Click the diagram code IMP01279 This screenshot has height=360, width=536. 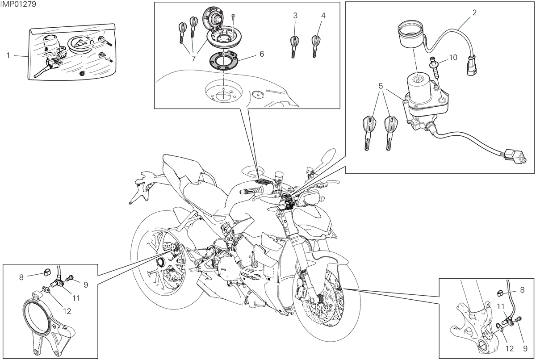(18, 4)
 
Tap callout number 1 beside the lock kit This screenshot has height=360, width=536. (8, 55)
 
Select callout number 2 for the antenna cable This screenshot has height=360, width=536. (474, 13)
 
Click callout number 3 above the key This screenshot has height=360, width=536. (295, 16)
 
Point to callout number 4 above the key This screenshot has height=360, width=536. (323, 16)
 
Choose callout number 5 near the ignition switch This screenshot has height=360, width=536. (381, 86)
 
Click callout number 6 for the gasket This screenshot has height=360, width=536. (262, 54)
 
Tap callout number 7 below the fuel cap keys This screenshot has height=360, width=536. (193, 59)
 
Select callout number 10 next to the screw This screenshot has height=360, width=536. (453, 58)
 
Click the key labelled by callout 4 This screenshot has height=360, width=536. (316, 46)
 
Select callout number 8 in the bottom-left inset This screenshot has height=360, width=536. (21, 277)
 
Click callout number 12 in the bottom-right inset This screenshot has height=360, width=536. (510, 349)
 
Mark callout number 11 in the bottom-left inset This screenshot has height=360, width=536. (76, 298)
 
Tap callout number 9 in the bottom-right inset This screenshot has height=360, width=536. (525, 349)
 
